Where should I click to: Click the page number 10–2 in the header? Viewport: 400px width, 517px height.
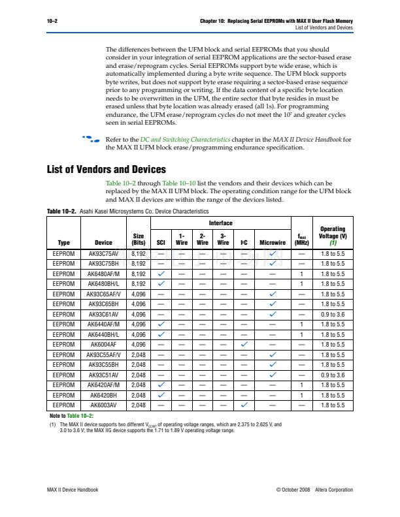coord(52,22)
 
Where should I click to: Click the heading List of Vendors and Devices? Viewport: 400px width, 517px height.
coord(107,170)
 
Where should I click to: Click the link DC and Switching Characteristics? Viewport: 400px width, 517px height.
coord(176,140)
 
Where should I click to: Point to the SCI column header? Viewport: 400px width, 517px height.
coord(161,241)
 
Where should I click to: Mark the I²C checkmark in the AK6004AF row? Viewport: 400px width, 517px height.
coord(243,344)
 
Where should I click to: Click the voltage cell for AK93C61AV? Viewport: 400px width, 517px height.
coord(333,314)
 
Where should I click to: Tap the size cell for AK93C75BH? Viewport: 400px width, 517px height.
coord(139,263)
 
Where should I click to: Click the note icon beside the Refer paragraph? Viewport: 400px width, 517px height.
coord(90,140)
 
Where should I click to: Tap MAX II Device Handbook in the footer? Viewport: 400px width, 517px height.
coord(73,490)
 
